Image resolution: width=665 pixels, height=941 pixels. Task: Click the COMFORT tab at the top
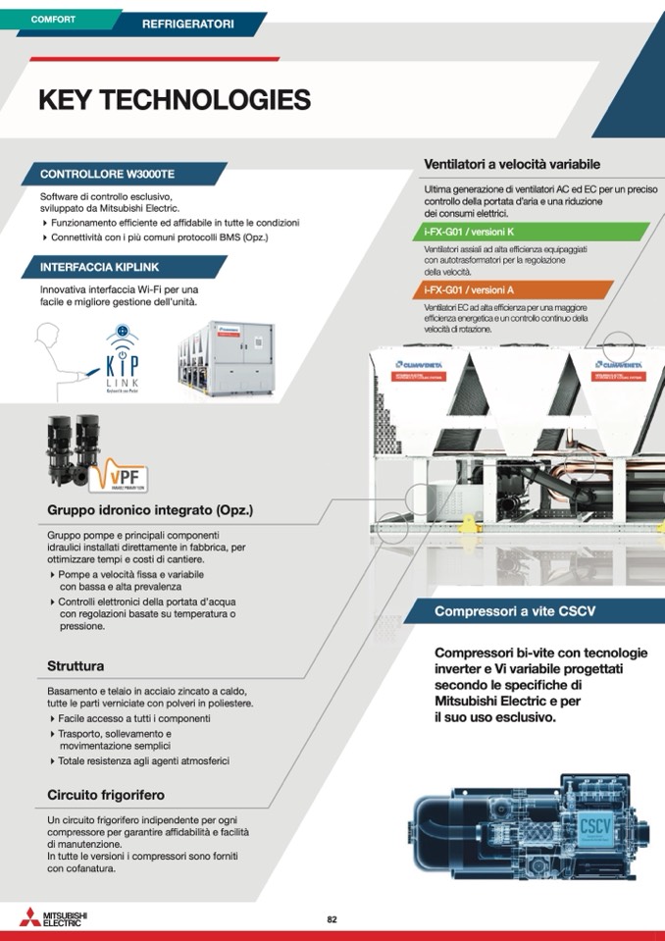[x=54, y=19]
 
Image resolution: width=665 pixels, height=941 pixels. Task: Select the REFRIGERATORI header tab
[x=187, y=23]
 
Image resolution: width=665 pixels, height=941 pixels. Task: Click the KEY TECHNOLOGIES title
[x=174, y=100]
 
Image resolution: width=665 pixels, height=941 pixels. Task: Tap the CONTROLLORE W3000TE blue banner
[x=108, y=174]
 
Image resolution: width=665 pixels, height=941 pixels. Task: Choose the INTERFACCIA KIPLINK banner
[x=100, y=267]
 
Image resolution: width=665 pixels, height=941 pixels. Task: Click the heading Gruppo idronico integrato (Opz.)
[x=150, y=511]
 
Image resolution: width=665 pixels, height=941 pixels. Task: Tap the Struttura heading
[x=76, y=666]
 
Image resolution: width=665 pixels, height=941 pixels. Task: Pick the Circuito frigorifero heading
[x=106, y=794]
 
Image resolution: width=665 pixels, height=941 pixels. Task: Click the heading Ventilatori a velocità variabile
[x=511, y=164]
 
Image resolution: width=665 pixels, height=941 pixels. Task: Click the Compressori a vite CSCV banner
[x=515, y=611]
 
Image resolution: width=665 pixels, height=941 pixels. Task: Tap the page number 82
[x=332, y=919]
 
